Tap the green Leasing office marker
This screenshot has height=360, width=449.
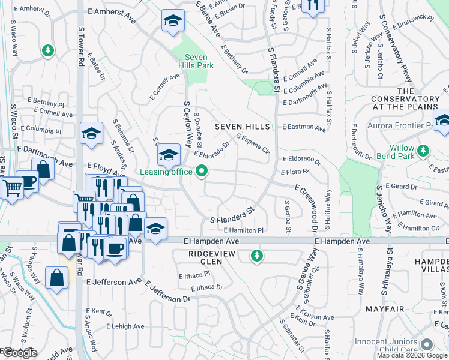click(x=202, y=172)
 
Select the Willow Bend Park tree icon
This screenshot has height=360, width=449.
click(x=424, y=149)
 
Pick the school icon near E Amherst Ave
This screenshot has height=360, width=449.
click(x=172, y=22)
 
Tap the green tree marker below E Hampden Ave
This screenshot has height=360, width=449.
click(x=257, y=256)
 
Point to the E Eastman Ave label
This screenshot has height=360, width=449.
click(x=307, y=128)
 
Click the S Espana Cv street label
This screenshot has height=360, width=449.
click(x=252, y=144)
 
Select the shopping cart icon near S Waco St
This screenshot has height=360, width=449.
click(x=11, y=187)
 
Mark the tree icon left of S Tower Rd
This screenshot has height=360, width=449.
click(x=47, y=52)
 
